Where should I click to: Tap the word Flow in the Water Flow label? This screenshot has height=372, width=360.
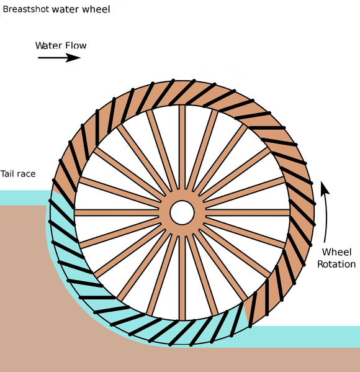tap(75, 45)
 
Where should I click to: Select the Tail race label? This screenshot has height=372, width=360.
tap(18, 174)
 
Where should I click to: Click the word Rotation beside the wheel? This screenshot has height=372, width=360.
tap(336, 264)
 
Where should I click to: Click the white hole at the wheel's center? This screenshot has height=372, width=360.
tap(182, 212)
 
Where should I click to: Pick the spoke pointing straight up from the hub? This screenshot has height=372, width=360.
tap(182, 149)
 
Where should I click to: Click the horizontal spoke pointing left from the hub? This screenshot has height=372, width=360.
tap(118, 212)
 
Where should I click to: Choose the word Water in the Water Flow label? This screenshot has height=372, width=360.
tap(48, 45)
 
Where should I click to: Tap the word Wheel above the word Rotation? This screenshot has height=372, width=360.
tap(337, 252)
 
